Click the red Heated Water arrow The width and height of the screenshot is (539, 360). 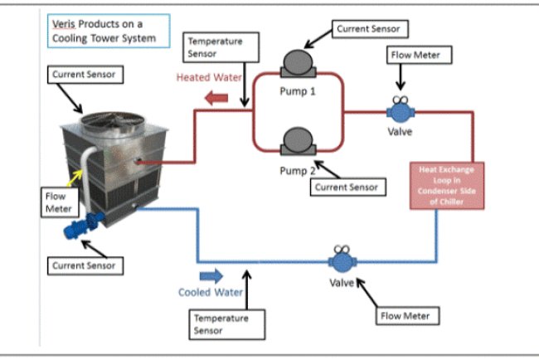tap(216, 99)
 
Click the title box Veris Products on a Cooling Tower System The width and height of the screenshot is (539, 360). tap(106, 31)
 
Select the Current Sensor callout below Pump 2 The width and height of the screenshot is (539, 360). tap(347, 187)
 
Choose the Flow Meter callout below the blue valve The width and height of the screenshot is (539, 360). tap(406, 315)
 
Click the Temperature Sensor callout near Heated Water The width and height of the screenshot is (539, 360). tap(215, 47)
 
